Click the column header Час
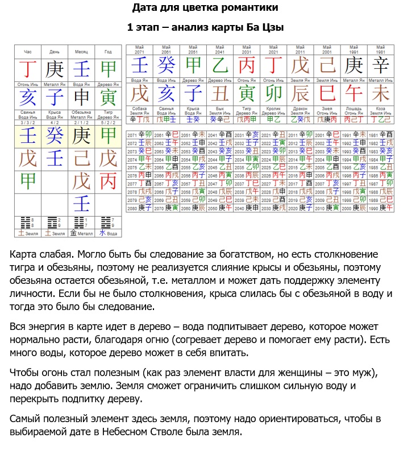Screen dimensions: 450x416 point(28,52)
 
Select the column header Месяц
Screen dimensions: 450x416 point(81,52)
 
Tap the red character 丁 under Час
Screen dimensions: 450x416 point(28,69)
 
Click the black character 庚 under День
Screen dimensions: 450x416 point(55,69)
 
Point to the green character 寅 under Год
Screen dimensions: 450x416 point(108,97)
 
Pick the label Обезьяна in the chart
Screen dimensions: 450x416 point(81,112)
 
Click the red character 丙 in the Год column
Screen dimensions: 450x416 point(108,181)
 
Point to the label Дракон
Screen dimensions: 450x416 point(300,108)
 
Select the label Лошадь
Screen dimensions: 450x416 point(354,108)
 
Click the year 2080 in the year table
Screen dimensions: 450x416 point(132,208)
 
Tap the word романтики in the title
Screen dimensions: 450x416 point(250,8)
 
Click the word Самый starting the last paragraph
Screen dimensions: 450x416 point(26,419)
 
